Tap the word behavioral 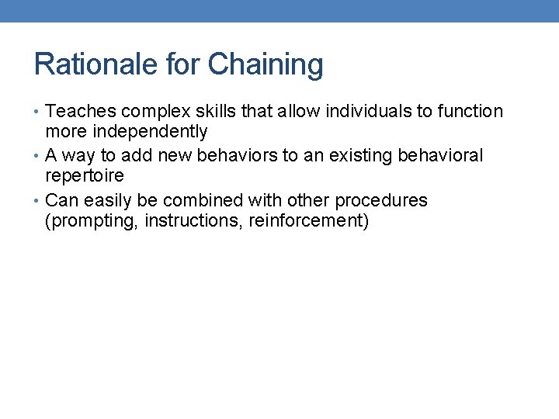[440, 156]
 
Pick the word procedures [381, 201]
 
